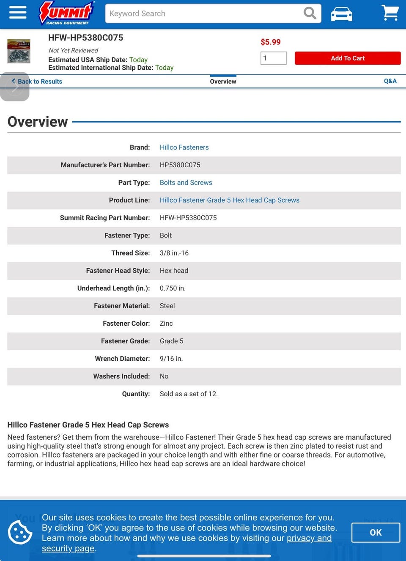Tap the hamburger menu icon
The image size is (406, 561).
pos(17,13)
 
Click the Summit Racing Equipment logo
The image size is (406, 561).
pos(66,13)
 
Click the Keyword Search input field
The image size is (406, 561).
pos(203,14)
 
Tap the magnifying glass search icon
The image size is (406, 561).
pos(310,14)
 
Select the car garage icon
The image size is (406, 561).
pos(341,14)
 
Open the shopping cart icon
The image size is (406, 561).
pos(390,13)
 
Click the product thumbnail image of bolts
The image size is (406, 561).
pos(19,51)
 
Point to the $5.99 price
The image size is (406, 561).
pos(271,42)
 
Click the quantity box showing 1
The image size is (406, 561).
pos(273,58)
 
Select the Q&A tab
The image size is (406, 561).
pos(390,81)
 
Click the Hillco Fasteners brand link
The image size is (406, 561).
pos(184,147)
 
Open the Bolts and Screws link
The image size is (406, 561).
pos(186,182)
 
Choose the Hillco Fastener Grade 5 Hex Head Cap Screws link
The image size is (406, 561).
pos(229,200)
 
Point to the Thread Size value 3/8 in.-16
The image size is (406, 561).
pos(174,253)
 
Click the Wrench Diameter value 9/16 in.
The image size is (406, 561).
pos(171,359)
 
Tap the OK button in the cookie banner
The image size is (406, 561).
pos(376,533)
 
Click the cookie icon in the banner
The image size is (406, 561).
pos(20,532)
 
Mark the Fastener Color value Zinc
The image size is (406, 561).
pos(166,324)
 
